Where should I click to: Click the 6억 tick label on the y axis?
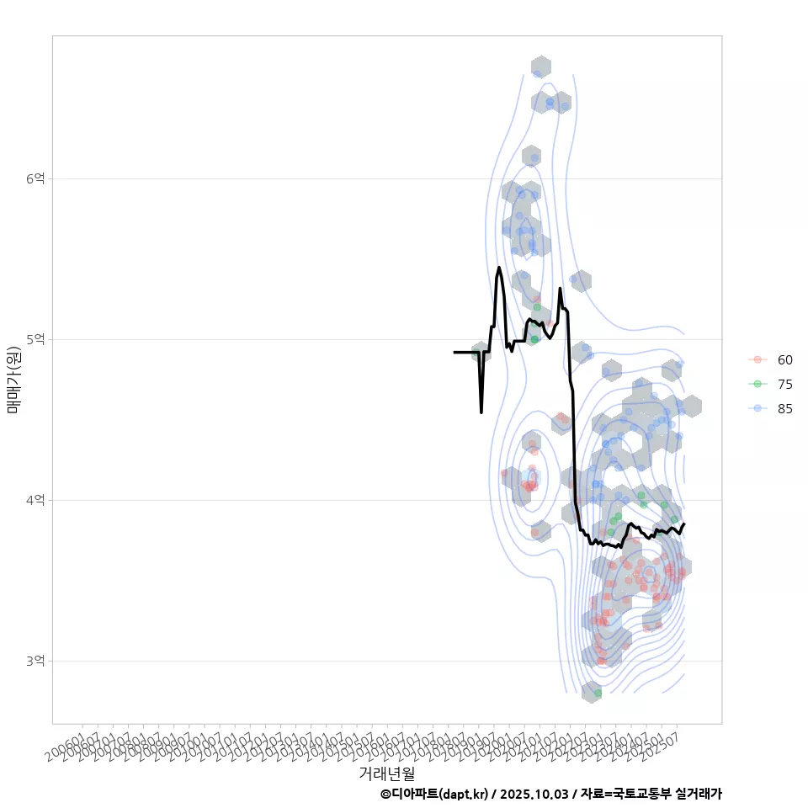[x=35, y=178]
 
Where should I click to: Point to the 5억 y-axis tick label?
[x=35, y=339]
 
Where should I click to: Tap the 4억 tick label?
[x=35, y=500]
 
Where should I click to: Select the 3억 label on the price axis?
[x=35, y=661]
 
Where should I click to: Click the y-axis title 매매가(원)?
[x=13, y=380]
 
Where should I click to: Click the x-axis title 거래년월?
[x=386, y=773]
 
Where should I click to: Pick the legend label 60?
[x=784, y=360]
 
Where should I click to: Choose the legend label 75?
[x=784, y=384]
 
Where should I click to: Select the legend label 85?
[x=784, y=408]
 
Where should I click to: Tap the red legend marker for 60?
[x=757, y=360]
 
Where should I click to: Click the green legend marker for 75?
[x=757, y=384]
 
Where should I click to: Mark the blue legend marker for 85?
[x=757, y=408]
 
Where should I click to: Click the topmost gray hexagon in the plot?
[x=541, y=66]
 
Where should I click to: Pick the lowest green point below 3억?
[x=598, y=693]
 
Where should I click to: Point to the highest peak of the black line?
[x=499, y=268]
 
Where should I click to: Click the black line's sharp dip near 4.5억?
[x=481, y=412]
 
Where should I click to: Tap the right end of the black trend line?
[x=684, y=524]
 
